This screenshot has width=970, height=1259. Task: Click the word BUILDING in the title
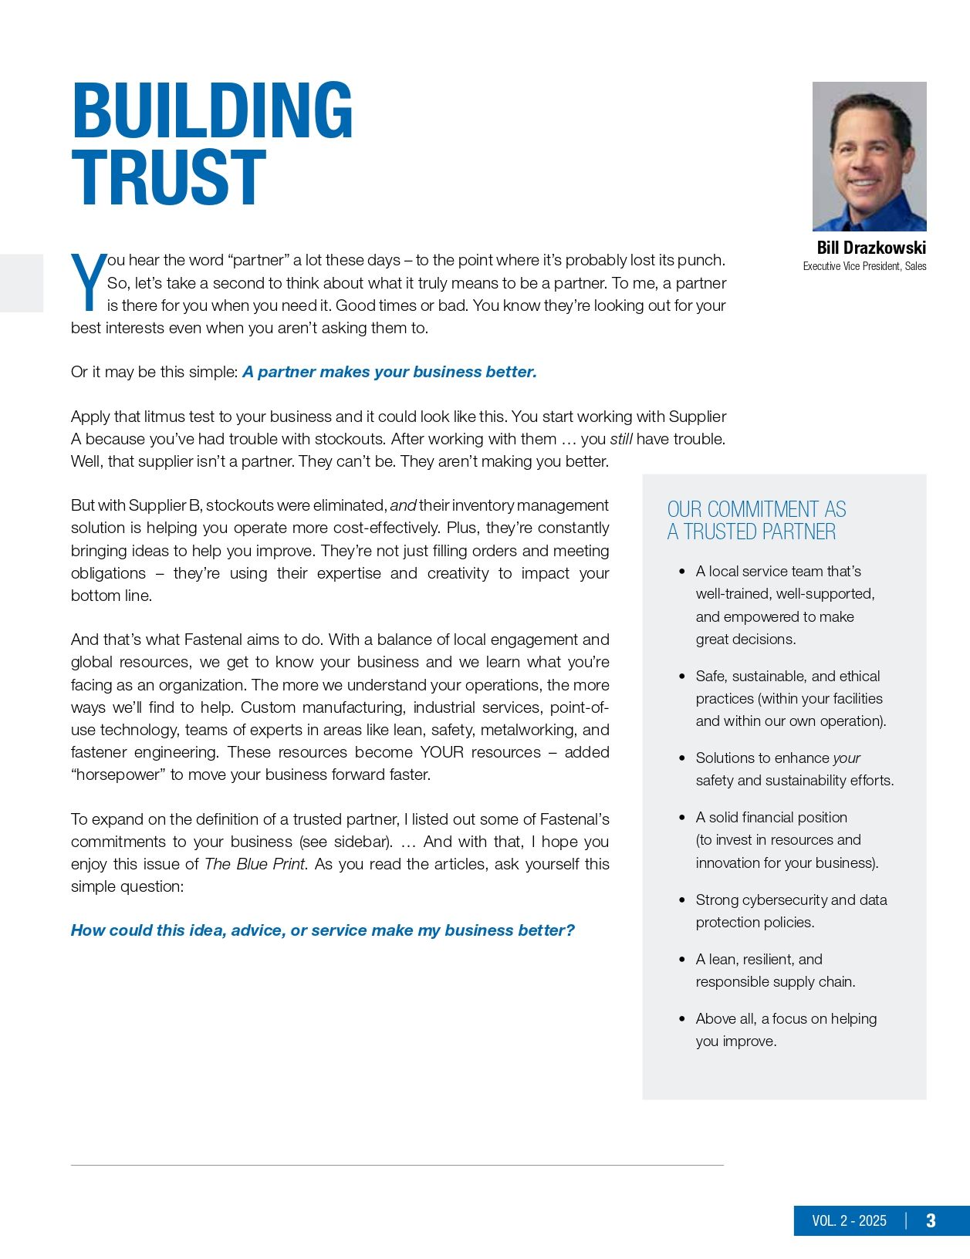(212, 111)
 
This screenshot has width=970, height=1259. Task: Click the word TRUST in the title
(169, 178)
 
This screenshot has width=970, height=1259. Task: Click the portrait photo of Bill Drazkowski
(869, 157)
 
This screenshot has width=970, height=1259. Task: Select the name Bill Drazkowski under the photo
(871, 248)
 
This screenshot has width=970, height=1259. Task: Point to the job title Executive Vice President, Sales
(864, 266)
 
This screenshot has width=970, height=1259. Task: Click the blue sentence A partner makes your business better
(390, 372)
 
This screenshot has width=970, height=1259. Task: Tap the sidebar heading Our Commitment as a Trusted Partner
(756, 521)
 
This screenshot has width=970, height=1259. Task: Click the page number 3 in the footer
(931, 1220)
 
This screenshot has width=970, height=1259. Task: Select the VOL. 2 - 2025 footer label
(849, 1220)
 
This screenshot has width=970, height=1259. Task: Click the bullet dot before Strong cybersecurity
(682, 900)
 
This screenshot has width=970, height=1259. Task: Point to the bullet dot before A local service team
(682, 572)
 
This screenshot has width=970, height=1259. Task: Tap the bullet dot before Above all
(682, 1019)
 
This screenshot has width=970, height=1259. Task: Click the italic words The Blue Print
(255, 864)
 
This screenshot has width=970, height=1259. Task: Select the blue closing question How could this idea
(323, 930)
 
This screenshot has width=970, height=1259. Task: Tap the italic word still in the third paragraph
(621, 439)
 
